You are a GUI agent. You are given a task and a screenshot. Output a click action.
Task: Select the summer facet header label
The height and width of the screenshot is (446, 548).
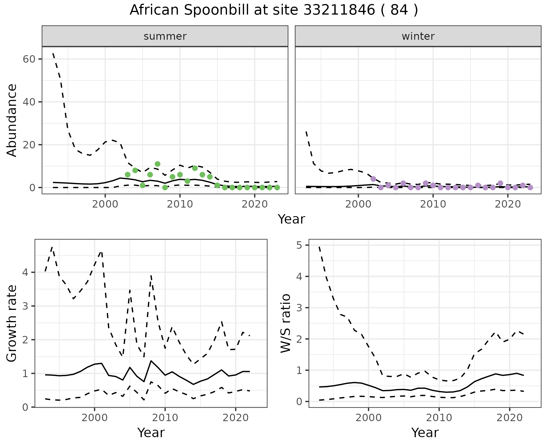[165, 36]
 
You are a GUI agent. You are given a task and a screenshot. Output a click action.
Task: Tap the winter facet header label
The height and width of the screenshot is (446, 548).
[418, 36]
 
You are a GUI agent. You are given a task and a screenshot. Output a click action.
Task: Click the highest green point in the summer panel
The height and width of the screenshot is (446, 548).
[158, 164]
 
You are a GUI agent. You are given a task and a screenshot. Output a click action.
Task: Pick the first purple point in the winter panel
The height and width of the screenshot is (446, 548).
[373, 179]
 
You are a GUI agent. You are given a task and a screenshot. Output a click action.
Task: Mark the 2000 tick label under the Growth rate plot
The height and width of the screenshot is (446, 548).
[94, 418]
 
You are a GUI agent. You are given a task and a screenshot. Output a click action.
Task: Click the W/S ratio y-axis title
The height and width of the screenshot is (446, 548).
[286, 323]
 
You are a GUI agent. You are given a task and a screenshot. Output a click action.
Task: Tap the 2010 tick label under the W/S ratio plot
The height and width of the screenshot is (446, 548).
[439, 418]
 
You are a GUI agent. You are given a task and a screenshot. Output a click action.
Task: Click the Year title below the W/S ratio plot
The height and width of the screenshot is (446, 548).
[425, 433]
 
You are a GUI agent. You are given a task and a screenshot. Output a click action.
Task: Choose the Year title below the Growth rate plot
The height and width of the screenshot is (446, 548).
[151, 433]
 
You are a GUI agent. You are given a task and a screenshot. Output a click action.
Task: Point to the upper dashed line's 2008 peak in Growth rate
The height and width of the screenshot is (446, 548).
[151, 275]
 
